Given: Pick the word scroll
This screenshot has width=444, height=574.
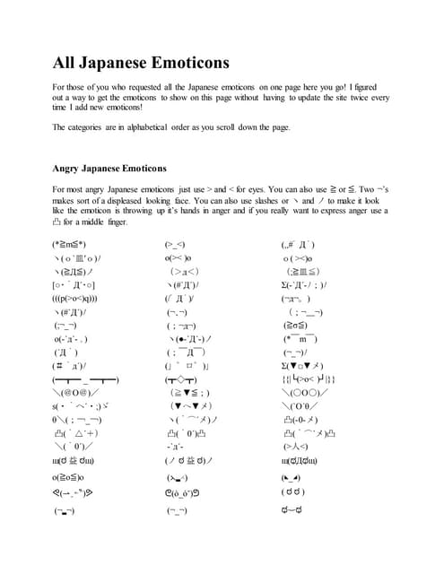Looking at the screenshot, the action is tap(228, 127).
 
